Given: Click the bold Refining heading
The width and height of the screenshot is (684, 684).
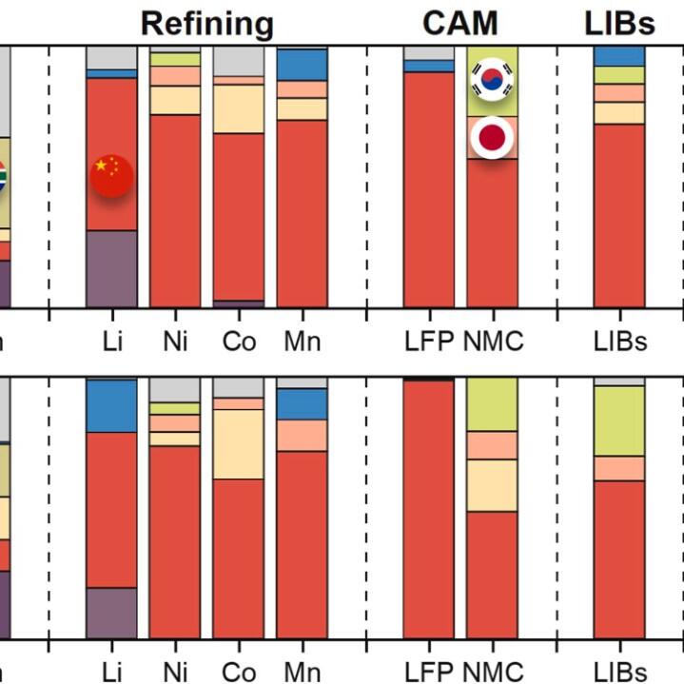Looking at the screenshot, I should [207, 23].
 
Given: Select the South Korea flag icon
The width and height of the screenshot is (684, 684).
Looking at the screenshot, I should [492, 81].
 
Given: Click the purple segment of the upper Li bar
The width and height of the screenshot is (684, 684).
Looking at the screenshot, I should [111, 268].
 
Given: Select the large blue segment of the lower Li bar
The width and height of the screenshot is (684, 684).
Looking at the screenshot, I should [111, 405].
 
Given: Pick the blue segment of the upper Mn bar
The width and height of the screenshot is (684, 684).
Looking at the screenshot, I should [302, 65].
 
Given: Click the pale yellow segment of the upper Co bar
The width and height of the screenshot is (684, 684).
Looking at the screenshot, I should [238, 108].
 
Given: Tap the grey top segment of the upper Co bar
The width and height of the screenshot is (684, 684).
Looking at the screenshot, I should [238, 61].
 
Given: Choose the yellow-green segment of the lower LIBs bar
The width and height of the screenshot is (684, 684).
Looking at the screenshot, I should [619, 420].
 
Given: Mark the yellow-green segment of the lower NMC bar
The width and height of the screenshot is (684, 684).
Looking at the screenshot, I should [492, 404].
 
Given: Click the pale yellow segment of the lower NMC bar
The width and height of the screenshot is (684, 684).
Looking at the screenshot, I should [492, 485].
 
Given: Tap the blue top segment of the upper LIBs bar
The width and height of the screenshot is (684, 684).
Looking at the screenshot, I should [619, 56].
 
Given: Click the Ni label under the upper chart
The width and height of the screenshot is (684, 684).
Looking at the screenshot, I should [175, 341].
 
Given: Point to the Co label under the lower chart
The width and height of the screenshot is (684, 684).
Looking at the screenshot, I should [238, 671].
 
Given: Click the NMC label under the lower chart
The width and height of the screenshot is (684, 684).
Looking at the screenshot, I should [493, 671].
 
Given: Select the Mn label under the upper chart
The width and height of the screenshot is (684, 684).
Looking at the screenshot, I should [302, 341].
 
